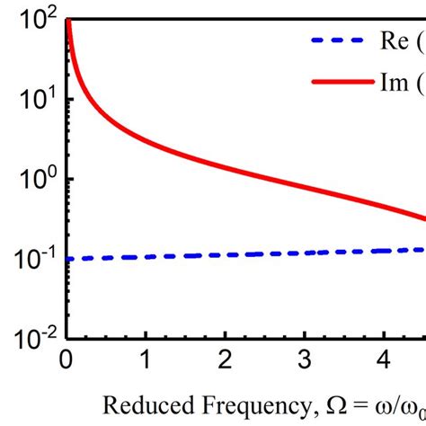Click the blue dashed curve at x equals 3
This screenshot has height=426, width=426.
tap(306, 254)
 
